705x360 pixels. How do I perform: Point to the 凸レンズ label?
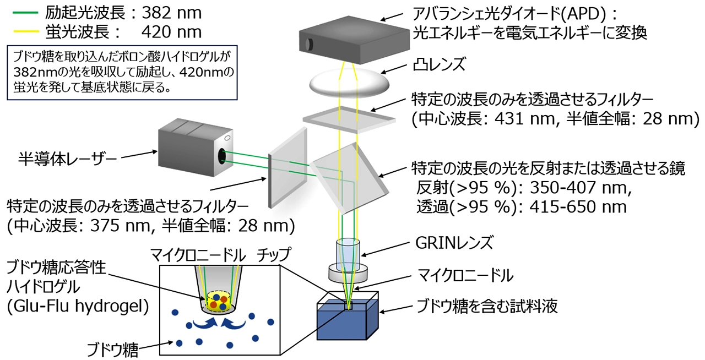[x=438, y=66]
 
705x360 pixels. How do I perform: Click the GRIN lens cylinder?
[x=349, y=255]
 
